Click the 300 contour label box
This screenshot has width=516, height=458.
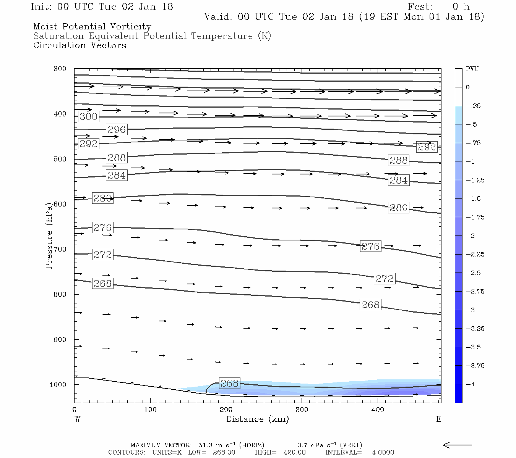88,116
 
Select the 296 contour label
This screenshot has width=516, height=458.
117,129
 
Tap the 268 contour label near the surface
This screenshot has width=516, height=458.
229,383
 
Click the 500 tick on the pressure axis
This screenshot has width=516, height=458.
60,159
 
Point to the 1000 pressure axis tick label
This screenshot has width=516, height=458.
58,385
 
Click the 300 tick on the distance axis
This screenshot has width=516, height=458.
302,410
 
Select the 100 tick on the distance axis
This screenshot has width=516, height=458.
150,410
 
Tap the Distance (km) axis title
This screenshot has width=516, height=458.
257,419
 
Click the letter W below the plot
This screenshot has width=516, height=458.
78,419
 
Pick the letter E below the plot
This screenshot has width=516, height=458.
438,419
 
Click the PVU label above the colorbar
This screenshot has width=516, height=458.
472,69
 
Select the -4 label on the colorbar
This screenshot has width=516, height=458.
470,384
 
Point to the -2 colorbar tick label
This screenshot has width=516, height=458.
470,236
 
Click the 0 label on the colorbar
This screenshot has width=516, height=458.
468,87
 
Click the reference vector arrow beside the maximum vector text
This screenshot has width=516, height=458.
458,445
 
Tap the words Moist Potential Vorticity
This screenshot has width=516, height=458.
92,27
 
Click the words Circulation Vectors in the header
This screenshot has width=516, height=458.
80,45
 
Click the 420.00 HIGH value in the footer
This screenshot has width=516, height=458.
294,453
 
